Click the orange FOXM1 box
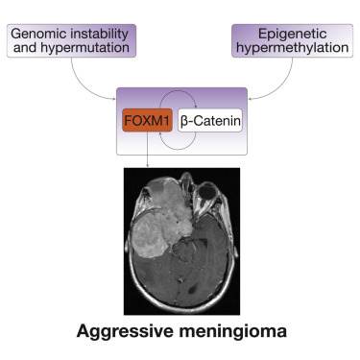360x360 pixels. (x=145, y=122)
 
